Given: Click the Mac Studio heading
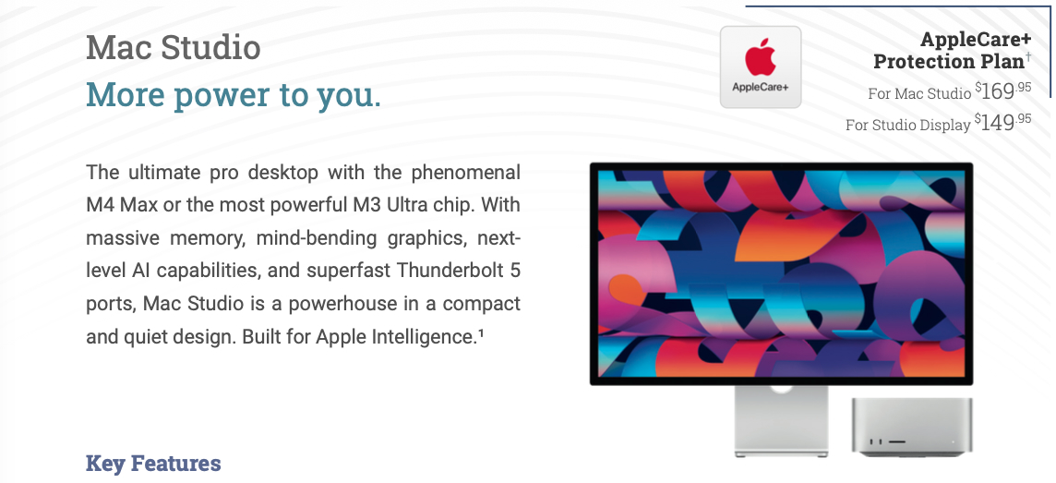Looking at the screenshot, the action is coord(174,48).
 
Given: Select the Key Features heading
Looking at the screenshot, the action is coord(153,464).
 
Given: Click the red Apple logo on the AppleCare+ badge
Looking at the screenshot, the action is coord(761,58).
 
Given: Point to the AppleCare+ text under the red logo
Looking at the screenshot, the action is coord(761,88).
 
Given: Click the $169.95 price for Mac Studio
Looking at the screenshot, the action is coord(1002,91).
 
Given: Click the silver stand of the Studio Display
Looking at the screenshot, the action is coord(781,421).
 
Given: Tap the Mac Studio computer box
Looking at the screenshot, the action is coord(911,427).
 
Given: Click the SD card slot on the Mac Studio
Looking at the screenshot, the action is coord(896,442).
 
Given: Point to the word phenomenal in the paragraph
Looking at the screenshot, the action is coord(466,172).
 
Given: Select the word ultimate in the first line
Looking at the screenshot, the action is coord(163,172).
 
